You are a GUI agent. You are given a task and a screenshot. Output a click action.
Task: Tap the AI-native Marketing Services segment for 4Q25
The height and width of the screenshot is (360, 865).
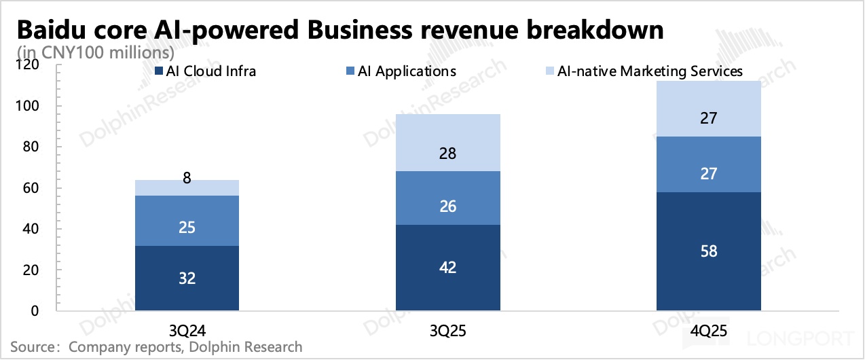(x=708, y=109)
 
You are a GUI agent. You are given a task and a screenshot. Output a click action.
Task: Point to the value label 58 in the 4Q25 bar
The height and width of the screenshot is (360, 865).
(x=708, y=251)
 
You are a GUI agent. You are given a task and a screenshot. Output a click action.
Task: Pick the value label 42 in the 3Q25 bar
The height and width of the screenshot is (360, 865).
(x=447, y=268)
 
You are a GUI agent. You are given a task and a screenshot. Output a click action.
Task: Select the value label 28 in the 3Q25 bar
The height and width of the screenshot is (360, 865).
(x=447, y=154)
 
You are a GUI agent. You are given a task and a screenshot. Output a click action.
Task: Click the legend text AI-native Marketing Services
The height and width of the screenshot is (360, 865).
(x=650, y=71)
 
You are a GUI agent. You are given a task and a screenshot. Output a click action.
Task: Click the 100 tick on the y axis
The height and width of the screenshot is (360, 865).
(x=31, y=107)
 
